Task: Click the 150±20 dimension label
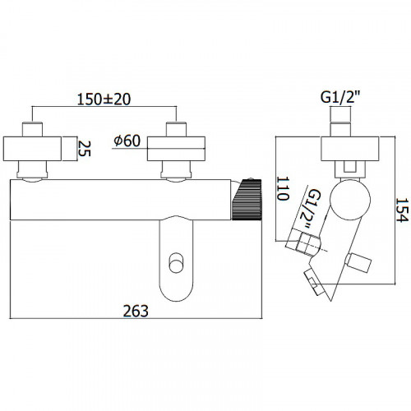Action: click(x=104, y=99)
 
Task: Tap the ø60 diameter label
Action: click(x=127, y=141)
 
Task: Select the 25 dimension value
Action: click(x=84, y=148)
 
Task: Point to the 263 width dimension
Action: click(x=136, y=311)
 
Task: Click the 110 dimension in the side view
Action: click(x=283, y=188)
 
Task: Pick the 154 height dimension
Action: click(x=403, y=210)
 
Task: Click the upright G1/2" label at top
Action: click(x=340, y=97)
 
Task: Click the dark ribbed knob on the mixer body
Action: click(x=247, y=199)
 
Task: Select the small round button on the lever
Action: click(x=176, y=262)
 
